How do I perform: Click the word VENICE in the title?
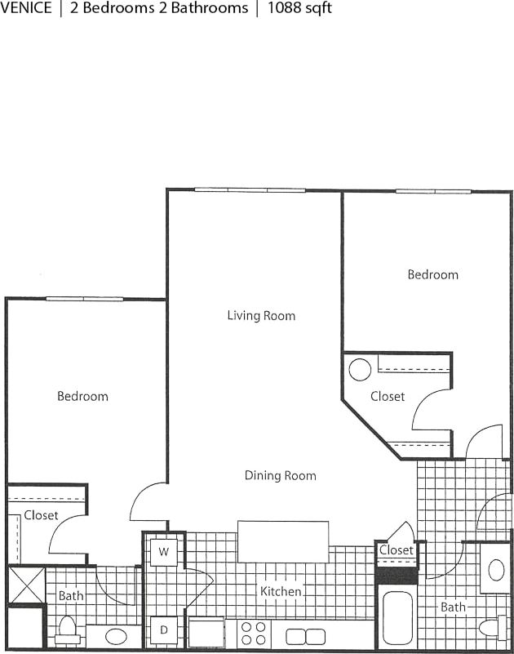[27, 9]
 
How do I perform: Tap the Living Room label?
[261, 315]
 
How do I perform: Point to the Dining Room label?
[280, 475]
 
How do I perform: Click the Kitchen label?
[281, 591]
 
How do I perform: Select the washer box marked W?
[163, 552]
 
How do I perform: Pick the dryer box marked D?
[163, 630]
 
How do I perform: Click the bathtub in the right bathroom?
[398, 618]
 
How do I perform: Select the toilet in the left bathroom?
[67, 630]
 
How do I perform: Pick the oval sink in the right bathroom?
[495, 570]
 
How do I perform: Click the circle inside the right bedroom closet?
[360, 370]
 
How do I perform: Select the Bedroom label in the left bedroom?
[82, 396]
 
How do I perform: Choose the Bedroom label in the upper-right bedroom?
[432, 274]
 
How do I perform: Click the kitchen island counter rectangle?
[283, 541]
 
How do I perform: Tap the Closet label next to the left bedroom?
[41, 515]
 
